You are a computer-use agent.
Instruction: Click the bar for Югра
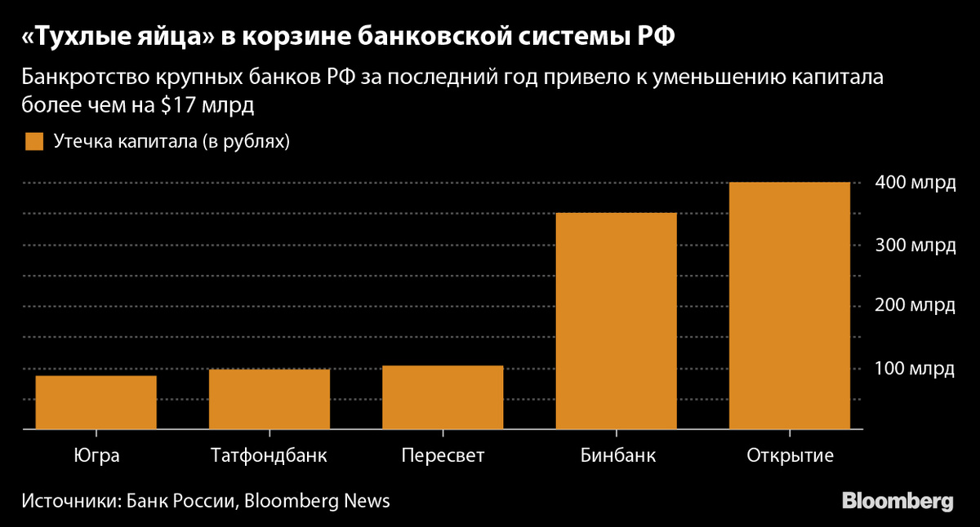click(x=96, y=402)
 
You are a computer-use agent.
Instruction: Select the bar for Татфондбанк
click(x=269, y=399)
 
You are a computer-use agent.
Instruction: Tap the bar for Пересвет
click(x=443, y=397)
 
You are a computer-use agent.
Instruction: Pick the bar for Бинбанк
click(x=617, y=321)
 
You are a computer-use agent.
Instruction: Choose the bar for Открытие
click(x=790, y=305)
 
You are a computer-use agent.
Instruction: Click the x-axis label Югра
click(x=96, y=455)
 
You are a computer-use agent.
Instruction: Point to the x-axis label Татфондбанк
click(x=269, y=455)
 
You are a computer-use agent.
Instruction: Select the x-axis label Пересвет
click(x=443, y=455)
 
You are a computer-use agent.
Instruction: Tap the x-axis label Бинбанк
click(x=617, y=455)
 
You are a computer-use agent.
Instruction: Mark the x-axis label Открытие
click(x=790, y=455)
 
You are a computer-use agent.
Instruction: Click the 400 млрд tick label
click(x=914, y=183)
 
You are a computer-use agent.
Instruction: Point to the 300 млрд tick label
click(x=914, y=245)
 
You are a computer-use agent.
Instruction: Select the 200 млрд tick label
click(x=914, y=306)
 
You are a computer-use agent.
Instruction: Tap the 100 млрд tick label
click(x=914, y=369)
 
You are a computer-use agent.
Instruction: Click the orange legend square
click(x=33, y=141)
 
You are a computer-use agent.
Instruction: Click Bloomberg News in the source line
click(x=317, y=500)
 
